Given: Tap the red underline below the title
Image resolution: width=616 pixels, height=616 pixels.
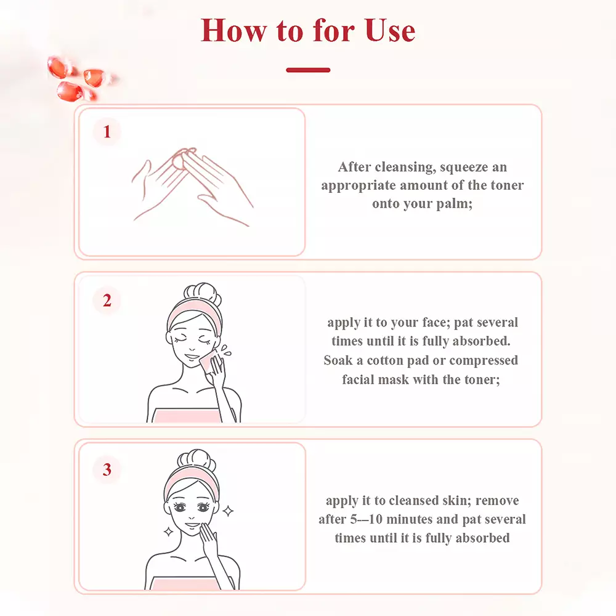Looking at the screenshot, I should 308,70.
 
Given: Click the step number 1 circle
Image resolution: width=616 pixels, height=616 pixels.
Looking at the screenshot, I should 107,132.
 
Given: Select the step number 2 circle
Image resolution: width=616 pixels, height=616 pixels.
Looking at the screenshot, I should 107,301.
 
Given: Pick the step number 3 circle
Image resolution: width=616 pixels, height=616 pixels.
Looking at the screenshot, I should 107,469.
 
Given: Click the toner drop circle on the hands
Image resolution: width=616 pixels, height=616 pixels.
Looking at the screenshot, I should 178,160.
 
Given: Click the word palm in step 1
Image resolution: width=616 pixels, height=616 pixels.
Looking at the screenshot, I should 455,204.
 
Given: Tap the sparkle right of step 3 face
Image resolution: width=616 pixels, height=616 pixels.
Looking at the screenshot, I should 228,511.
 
